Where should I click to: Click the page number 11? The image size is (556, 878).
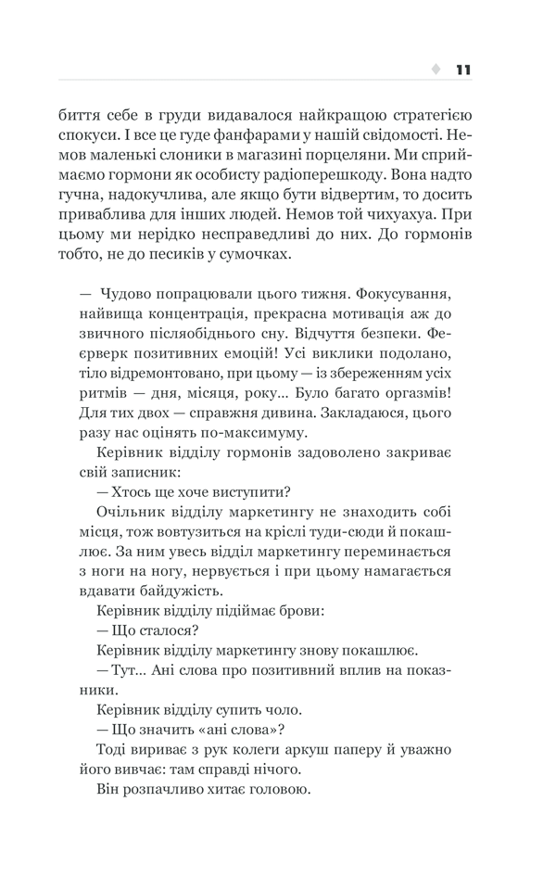pyautogui.click(x=463, y=70)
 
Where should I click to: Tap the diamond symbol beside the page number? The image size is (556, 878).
pyautogui.click(x=436, y=70)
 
